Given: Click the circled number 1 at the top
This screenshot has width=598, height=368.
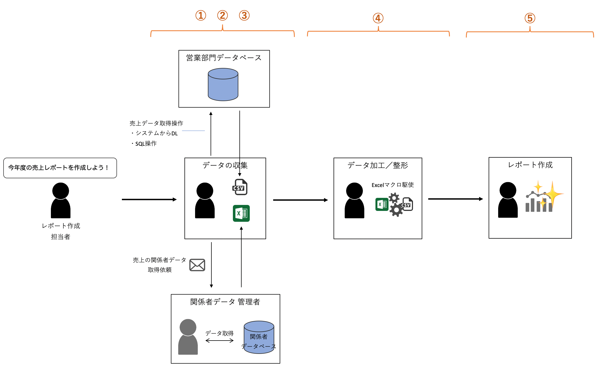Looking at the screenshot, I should [201, 15].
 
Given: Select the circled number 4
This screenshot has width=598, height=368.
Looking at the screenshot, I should [378, 18].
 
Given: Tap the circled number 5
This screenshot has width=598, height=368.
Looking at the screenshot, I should [530, 18].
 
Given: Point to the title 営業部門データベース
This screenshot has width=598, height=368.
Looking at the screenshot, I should [224, 58].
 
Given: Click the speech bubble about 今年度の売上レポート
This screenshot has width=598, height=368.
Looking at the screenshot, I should [60, 168].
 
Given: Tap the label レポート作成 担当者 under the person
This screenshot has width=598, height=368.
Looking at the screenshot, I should [61, 231].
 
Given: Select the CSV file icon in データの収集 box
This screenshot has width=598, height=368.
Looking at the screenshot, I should [240, 187].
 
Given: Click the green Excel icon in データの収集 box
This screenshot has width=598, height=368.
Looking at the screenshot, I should [241, 213].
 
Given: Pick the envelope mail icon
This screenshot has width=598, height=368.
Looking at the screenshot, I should [197, 265].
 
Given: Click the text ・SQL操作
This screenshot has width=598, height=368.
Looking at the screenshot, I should [144, 144].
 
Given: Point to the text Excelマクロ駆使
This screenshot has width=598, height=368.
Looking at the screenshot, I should [393, 185].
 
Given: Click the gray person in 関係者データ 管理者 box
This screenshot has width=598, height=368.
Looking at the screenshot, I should [188, 337].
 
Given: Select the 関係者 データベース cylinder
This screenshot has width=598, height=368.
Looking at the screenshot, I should [259, 337].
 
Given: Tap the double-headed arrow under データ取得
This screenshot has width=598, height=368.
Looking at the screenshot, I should [220, 341].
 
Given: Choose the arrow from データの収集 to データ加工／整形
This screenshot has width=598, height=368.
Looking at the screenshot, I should [300, 200].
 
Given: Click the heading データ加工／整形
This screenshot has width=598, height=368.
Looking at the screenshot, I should [378, 165].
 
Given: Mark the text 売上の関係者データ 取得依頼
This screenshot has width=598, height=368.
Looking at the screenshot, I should [160, 265].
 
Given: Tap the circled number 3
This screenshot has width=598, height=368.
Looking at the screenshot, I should [244, 15].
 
